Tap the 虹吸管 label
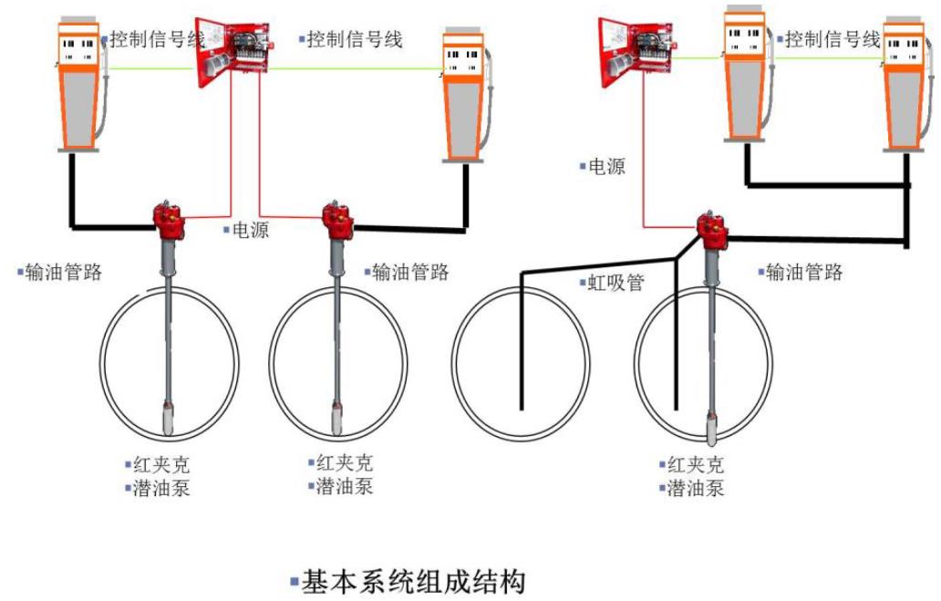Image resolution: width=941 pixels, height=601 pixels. [x=615, y=283]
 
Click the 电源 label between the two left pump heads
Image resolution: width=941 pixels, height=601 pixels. [x=250, y=230]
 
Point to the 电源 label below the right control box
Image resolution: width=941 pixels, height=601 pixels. [x=606, y=167]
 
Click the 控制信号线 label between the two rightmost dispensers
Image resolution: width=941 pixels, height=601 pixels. [x=832, y=39]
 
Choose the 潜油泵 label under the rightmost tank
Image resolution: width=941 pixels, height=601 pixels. [x=696, y=488]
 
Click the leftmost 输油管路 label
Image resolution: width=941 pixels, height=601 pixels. [x=62, y=271]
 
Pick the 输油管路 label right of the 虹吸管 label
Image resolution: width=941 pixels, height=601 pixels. [x=803, y=271]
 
